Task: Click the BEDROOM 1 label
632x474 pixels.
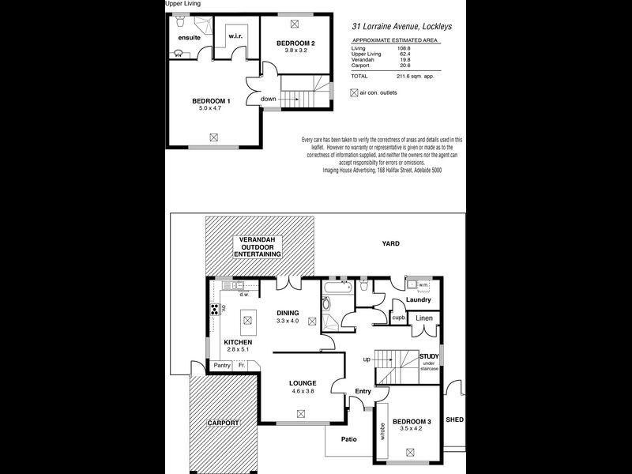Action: (211, 101)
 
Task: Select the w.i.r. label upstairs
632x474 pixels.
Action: (235, 36)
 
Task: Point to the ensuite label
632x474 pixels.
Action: (190, 37)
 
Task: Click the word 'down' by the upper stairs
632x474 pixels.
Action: (268, 99)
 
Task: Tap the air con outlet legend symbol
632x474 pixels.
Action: (354, 92)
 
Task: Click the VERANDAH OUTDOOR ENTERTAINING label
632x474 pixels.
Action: (256, 246)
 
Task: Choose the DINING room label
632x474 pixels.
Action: (287, 313)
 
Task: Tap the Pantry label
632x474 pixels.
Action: (222, 365)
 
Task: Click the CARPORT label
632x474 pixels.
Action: (222, 423)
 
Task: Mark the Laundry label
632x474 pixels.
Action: (417, 300)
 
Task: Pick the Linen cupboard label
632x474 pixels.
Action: (425, 318)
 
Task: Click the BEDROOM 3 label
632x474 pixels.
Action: (412, 422)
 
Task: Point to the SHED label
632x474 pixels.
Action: (454, 419)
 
